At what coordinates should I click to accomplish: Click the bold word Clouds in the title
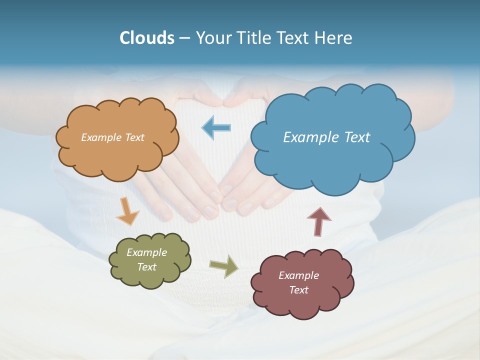(x=146, y=38)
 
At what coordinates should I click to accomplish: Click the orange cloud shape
(x=117, y=155)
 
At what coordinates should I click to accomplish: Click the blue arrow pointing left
(x=216, y=128)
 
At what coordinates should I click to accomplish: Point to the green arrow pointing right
(x=223, y=266)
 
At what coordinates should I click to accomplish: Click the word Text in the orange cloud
(x=134, y=137)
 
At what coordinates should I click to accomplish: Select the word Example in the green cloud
(x=146, y=252)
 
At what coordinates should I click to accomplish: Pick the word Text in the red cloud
(x=298, y=290)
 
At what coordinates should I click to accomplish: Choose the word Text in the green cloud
(x=146, y=267)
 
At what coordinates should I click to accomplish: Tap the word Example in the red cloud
(x=298, y=275)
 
